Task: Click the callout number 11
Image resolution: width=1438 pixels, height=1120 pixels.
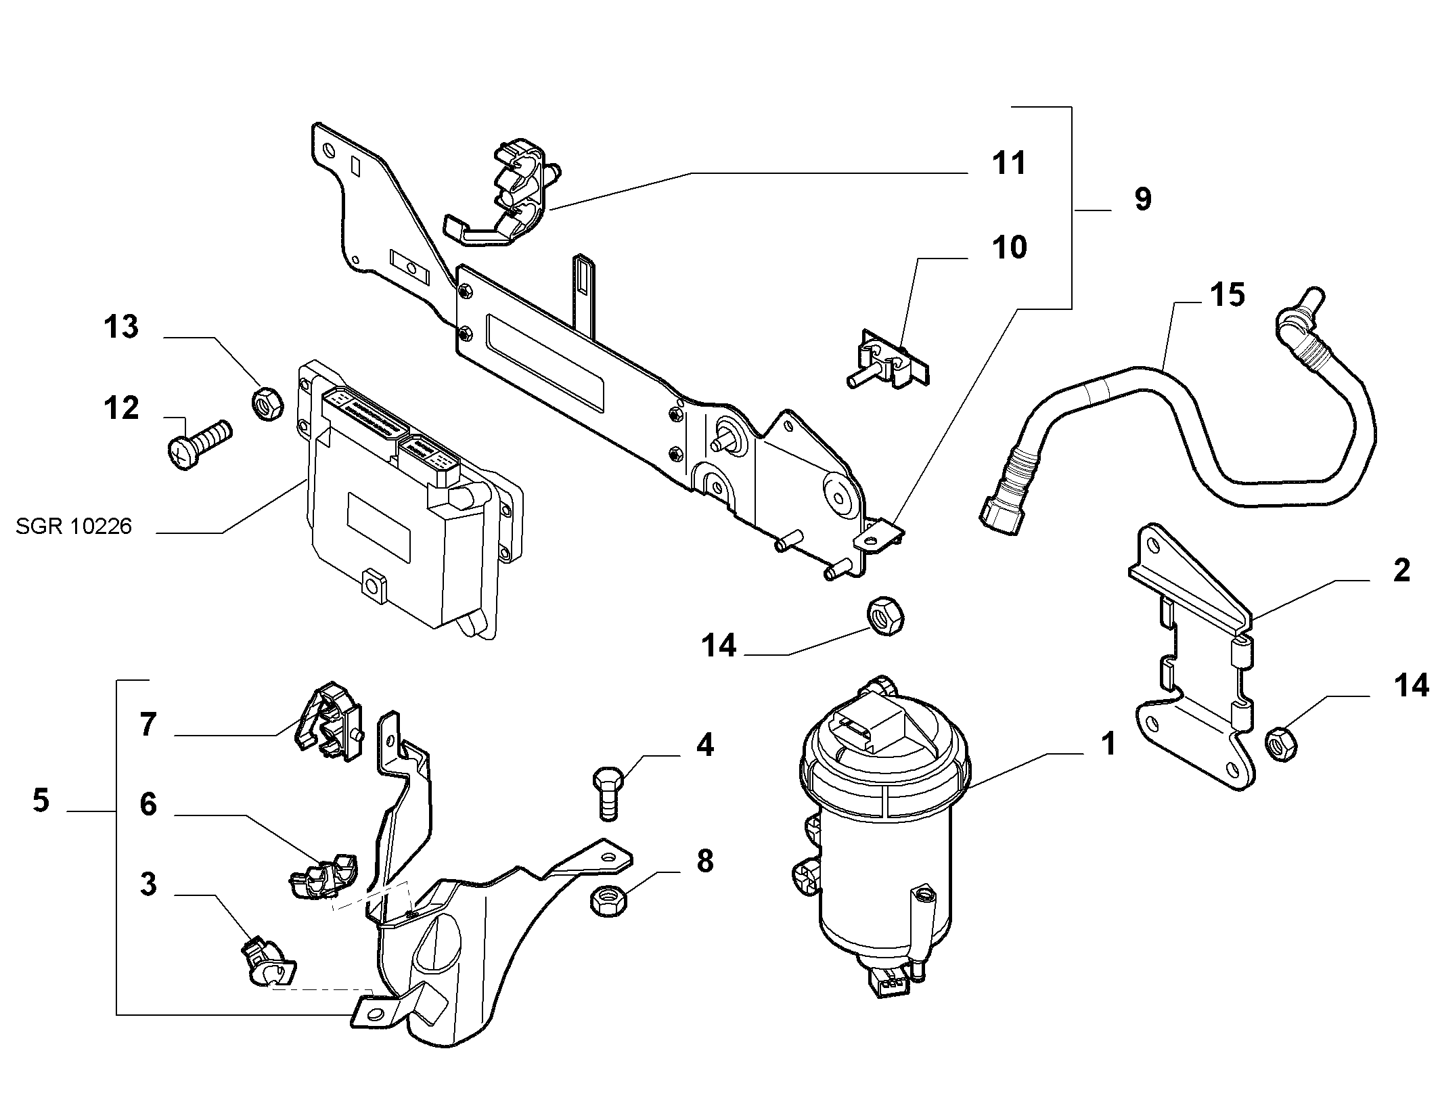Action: (x=1009, y=164)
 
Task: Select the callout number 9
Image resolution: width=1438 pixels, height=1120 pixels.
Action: (x=1142, y=200)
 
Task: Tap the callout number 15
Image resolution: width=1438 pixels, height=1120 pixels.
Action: (x=1227, y=295)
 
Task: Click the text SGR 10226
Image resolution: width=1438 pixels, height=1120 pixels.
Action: (x=74, y=526)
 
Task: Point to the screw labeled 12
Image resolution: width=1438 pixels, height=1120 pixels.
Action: (x=199, y=444)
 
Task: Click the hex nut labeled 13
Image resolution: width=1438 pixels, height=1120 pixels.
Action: (x=267, y=403)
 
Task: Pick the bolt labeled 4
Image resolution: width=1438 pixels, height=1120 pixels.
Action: (x=609, y=792)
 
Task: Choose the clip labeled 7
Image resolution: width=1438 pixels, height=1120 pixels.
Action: (x=328, y=721)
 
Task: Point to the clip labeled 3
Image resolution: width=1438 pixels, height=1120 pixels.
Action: (x=269, y=962)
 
